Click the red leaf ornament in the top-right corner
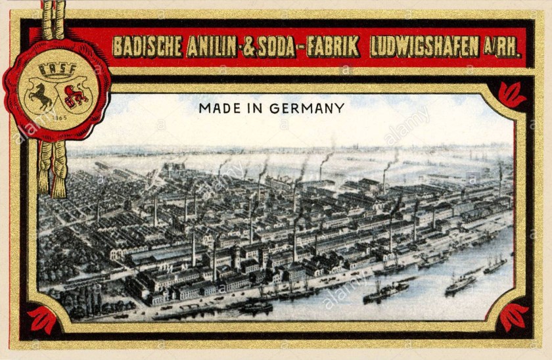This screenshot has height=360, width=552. coord(512,95)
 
